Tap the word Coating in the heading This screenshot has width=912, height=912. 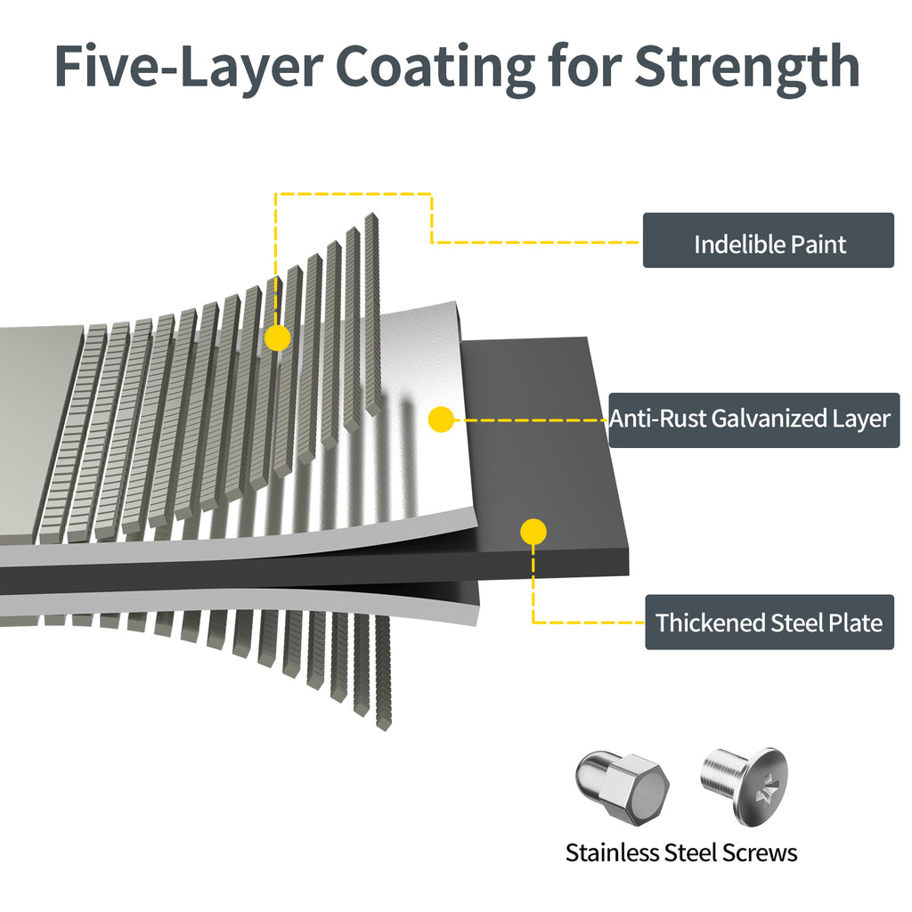[x=434, y=67]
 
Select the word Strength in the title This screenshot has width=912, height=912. [x=746, y=67]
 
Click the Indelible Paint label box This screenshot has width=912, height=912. [x=768, y=240]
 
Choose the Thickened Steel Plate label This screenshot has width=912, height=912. [x=769, y=622]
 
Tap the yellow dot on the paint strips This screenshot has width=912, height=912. [x=278, y=338]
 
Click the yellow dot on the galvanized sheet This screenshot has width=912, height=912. [x=441, y=419]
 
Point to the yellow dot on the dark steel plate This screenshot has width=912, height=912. [x=533, y=532]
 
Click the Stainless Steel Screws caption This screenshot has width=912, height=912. [x=681, y=852]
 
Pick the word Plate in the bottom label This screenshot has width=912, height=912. [x=856, y=623]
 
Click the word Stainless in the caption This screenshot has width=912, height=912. [x=612, y=852]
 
